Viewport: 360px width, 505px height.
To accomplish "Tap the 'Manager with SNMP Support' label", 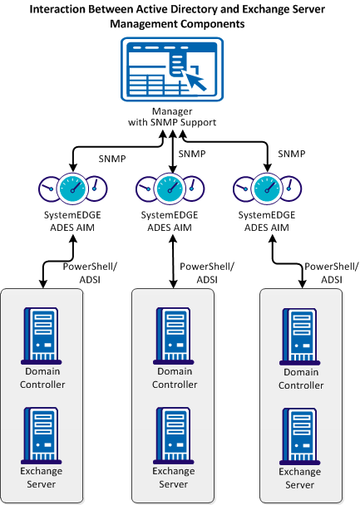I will (172, 116).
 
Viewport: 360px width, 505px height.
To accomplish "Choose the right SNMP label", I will (291, 154).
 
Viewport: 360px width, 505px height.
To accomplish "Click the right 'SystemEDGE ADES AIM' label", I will (267, 221).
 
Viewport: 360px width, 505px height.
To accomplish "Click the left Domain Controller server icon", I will (44, 334).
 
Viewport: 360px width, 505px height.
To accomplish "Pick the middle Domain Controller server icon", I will (174, 334).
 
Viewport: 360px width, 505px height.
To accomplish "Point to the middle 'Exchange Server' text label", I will (174, 478).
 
